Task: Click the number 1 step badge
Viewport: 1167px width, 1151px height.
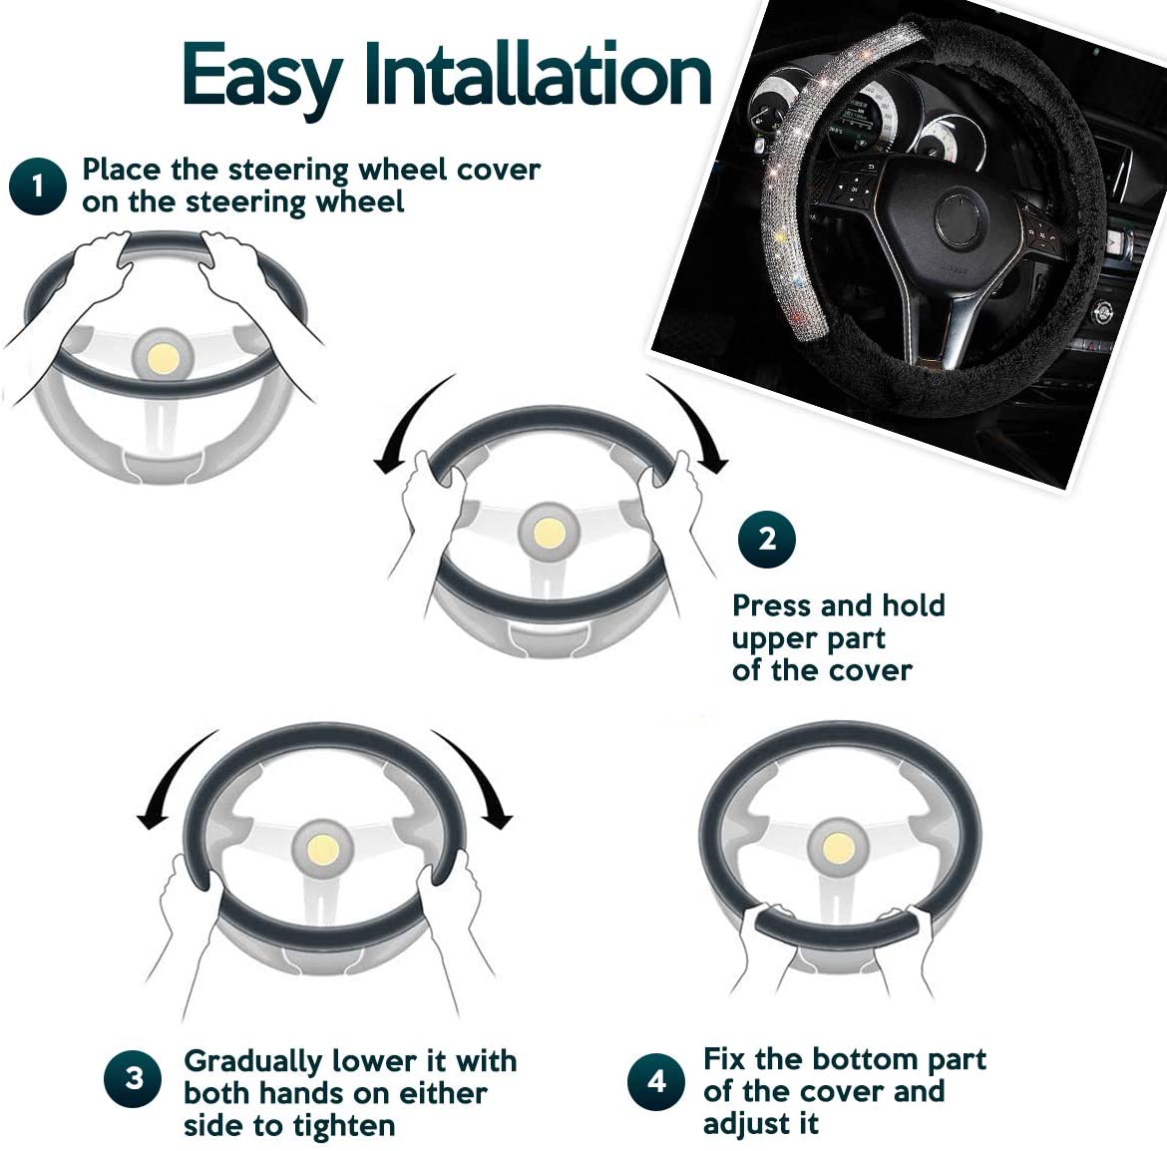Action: pyautogui.click(x=38, y=186)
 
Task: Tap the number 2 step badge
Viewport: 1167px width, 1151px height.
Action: pyautogui.click(x=767, y=540)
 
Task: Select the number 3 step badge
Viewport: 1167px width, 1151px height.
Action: pyautogui.click(x=134, y=1079)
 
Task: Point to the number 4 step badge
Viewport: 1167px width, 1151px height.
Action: pyautogui.click(x=655, y=1081)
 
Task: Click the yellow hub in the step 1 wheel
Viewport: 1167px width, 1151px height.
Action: pyautogui.click(x=163, y=360)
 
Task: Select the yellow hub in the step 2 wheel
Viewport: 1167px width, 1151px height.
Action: pyautogui.click(x=550, y=533)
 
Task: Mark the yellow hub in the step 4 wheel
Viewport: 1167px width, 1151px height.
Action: pyautogui.click(x=838, y=848)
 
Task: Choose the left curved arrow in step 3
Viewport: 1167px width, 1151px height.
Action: pyautogui.click(x=168, y=774)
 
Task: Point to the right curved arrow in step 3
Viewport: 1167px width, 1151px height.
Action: pyautogui.click(x=481, y=774)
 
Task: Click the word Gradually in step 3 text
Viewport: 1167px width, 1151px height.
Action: pyautogui.click(x=252, y=1062)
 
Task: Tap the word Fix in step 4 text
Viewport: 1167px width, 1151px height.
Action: pyautogui.click(x=725, y=1058)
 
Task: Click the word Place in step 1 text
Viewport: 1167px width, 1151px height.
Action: pyautogui.click(x=122, y=170)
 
